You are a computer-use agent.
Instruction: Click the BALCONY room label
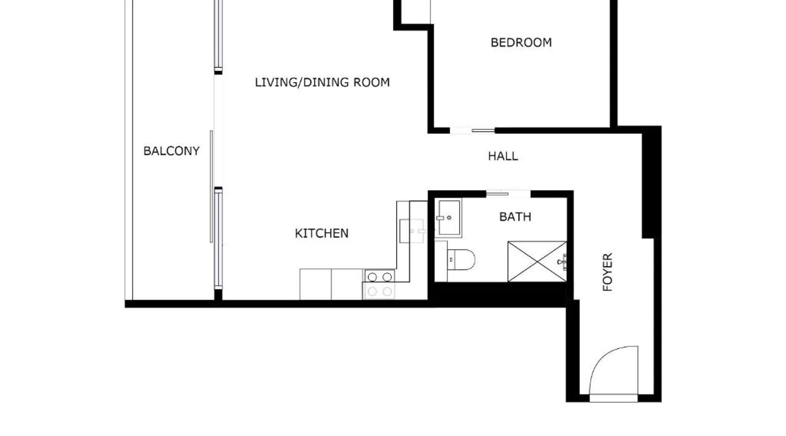(171, 151)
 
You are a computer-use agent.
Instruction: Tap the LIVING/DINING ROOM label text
(322, 82)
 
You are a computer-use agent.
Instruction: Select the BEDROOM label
(521, 42)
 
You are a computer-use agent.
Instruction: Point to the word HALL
(503, 156)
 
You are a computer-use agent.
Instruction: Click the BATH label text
(515, 217)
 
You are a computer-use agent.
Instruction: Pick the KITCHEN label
(322, 233)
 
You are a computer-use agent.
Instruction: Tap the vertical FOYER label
(607, 272)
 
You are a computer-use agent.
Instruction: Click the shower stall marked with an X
(537, 262)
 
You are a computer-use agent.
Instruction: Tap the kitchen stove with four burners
(379, 284)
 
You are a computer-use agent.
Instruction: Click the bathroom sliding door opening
(508, 194)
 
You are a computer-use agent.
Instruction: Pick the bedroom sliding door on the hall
(472, 130)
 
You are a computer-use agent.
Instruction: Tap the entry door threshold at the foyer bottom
(614, 398)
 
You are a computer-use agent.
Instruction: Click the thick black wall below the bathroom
(500, 294)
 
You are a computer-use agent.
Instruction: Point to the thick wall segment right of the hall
(652, 182)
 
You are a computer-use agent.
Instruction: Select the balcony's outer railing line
(128, 150)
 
